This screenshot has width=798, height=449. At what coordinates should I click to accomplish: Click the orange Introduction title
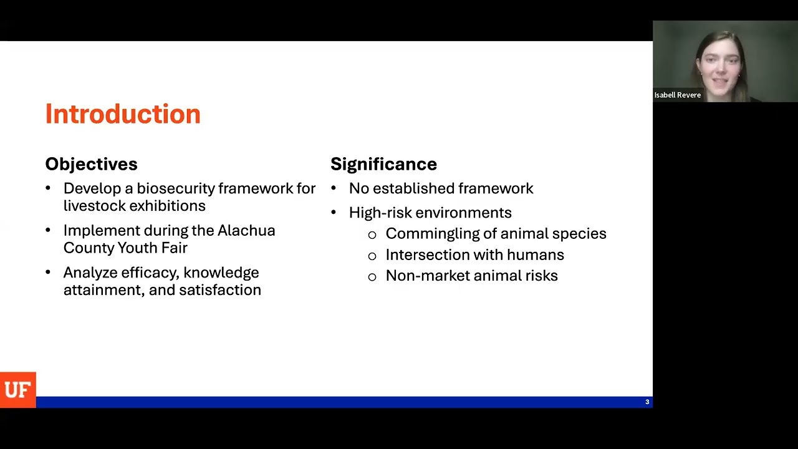(x=123, y=114)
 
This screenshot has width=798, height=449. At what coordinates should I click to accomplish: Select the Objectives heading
(x=91, y=164)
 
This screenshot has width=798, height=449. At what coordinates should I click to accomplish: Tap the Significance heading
(x=383, y=164)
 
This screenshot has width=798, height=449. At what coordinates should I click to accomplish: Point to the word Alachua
(x=246, y=230)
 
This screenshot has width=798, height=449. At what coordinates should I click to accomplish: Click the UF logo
(x=17, y=390)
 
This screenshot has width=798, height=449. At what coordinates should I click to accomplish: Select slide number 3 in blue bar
(x=647, y=402)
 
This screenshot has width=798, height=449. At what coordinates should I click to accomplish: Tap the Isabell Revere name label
(x=677, y=95)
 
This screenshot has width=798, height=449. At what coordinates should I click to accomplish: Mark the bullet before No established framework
(x=334, y=188)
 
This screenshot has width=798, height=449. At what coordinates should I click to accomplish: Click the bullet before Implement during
(x=49, y=230)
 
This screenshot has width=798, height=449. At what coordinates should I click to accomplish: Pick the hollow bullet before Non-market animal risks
(x=372, y=276)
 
